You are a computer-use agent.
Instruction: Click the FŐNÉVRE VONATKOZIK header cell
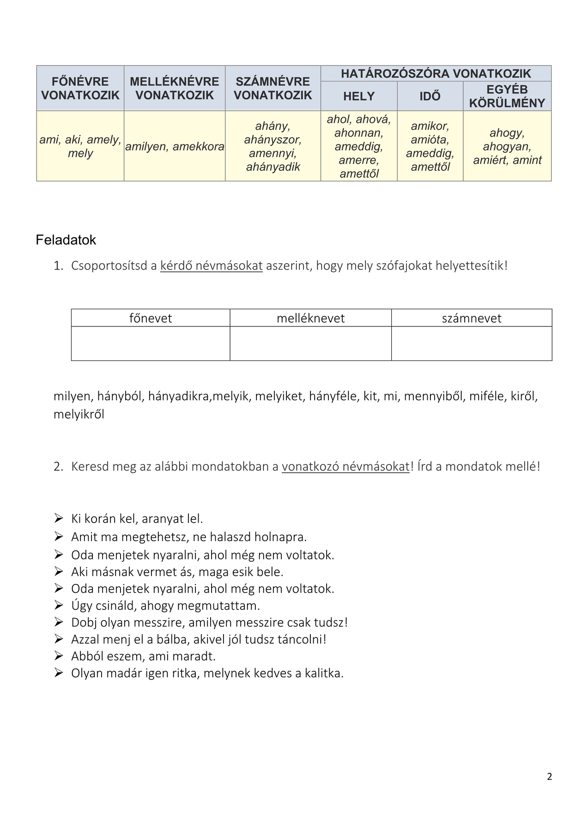pyautogui.click(x=80, y=88)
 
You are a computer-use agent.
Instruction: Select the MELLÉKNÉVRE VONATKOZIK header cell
pyautogui.click(x=175, y=88)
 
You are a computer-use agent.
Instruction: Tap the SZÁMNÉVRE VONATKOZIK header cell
pyautogui.click(x=273, y=88)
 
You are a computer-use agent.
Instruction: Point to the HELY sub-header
pyautogui.click(x=359, y=96)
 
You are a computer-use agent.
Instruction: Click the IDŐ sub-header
pyautogui.click(x=430, y=96)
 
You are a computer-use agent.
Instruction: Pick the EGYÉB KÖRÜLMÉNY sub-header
pyautogui.click(x=507, y=96)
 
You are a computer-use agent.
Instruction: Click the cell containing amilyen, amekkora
pyautogui.click(x=175, y=147)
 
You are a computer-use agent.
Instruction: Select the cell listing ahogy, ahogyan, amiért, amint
pyautogui.click(x=507, y=146)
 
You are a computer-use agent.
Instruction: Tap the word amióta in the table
pyautogui.click(x=430, y=139)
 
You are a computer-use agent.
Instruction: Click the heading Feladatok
pyautogui.click(x=66, y=240)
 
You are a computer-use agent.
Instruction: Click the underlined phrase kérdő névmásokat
pyautogui.click(x=211, y=266)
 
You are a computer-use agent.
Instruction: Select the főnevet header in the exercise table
pyautogui.click(x=151, y=318)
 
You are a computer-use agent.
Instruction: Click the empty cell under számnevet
pyautogui.click(x=472, y=343)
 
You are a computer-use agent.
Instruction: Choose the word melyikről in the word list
pyautogui.click(x=79, y=414)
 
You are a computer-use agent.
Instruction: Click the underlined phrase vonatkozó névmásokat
pyautogui.click(x=346, y=466)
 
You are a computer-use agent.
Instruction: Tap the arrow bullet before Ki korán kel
pyautogui.click(x=59, y=518)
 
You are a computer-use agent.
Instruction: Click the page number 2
pyautogui.click(x=549, y=777)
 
